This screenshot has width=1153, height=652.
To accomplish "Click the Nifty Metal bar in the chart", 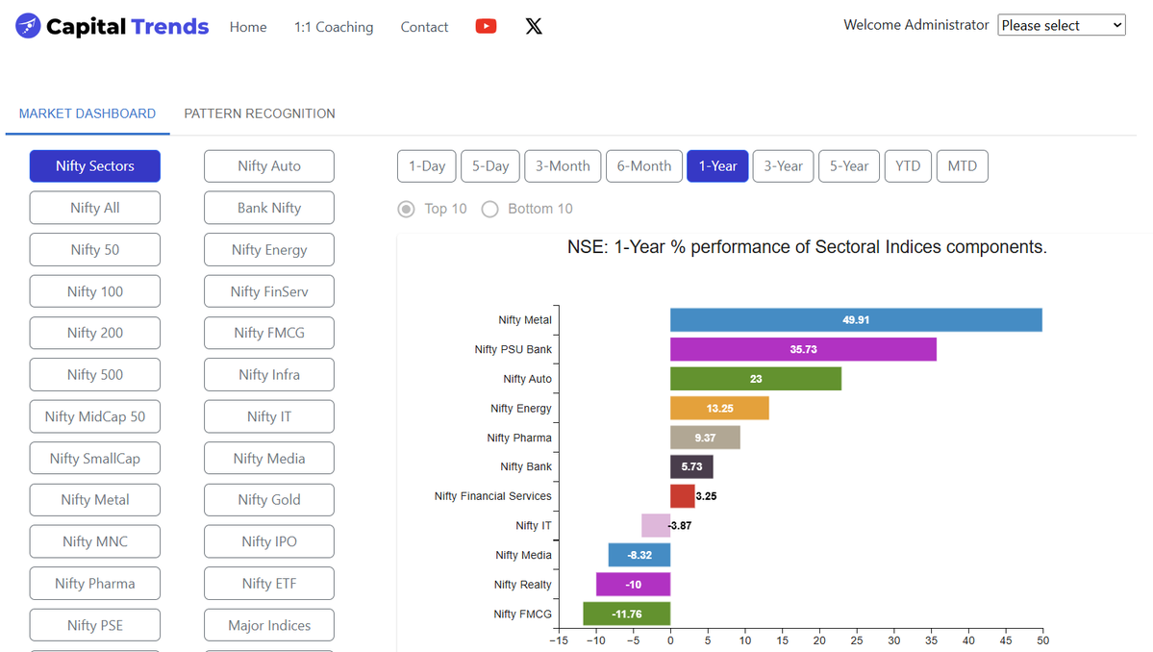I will [x=856, y=319].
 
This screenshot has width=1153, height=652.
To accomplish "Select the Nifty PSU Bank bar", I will [x=803, y=349].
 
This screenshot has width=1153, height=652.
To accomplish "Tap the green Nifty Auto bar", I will [x=756, y=379].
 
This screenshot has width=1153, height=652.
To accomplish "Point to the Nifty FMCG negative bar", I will [x=626, y=614].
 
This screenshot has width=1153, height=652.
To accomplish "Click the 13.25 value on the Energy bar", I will [x=719, y=409].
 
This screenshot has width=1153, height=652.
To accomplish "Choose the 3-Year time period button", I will [x=783, y=166].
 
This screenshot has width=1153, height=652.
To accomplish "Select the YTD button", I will [x=907, y=166].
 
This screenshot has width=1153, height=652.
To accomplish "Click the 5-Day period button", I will [x=490, y=166].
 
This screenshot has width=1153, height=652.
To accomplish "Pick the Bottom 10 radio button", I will [x=490, y=209].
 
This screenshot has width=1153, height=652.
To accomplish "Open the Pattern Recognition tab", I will [x=260, y=113].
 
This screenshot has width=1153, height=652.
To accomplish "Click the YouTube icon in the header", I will [x=486, y=26].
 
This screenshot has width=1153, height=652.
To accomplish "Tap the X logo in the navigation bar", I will [x=534, y=26].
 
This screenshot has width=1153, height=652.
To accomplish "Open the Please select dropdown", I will [x=1062, y=26].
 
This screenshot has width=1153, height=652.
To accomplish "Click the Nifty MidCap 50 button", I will [x=95, y=416].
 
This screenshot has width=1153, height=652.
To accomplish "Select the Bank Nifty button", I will [x=269, y=208].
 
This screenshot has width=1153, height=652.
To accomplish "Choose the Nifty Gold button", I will [x=269, y=500].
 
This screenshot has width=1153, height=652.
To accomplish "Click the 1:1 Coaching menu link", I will [x=334, y=27].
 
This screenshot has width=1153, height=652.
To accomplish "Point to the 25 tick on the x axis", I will [x=857, y=640].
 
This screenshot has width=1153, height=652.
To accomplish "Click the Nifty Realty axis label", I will [x=522, y=585].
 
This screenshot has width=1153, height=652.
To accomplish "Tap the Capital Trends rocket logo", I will [x=28, y=26].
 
